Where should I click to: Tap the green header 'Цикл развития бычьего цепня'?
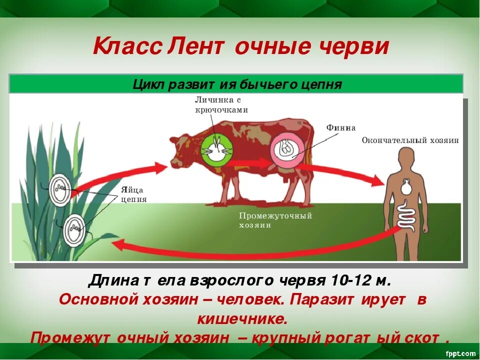(237, 84)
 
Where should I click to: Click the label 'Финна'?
(341, 128)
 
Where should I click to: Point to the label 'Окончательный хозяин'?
(410, 140)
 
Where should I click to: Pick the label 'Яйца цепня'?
(133, 194)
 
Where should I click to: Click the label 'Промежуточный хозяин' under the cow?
(275, 220)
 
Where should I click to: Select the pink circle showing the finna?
(286, 149)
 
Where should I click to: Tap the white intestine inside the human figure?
(407, 217)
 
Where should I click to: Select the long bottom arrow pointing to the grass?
(250, 248)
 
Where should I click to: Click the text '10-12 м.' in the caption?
(356, 280)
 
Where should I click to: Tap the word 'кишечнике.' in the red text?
(242, 318)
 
